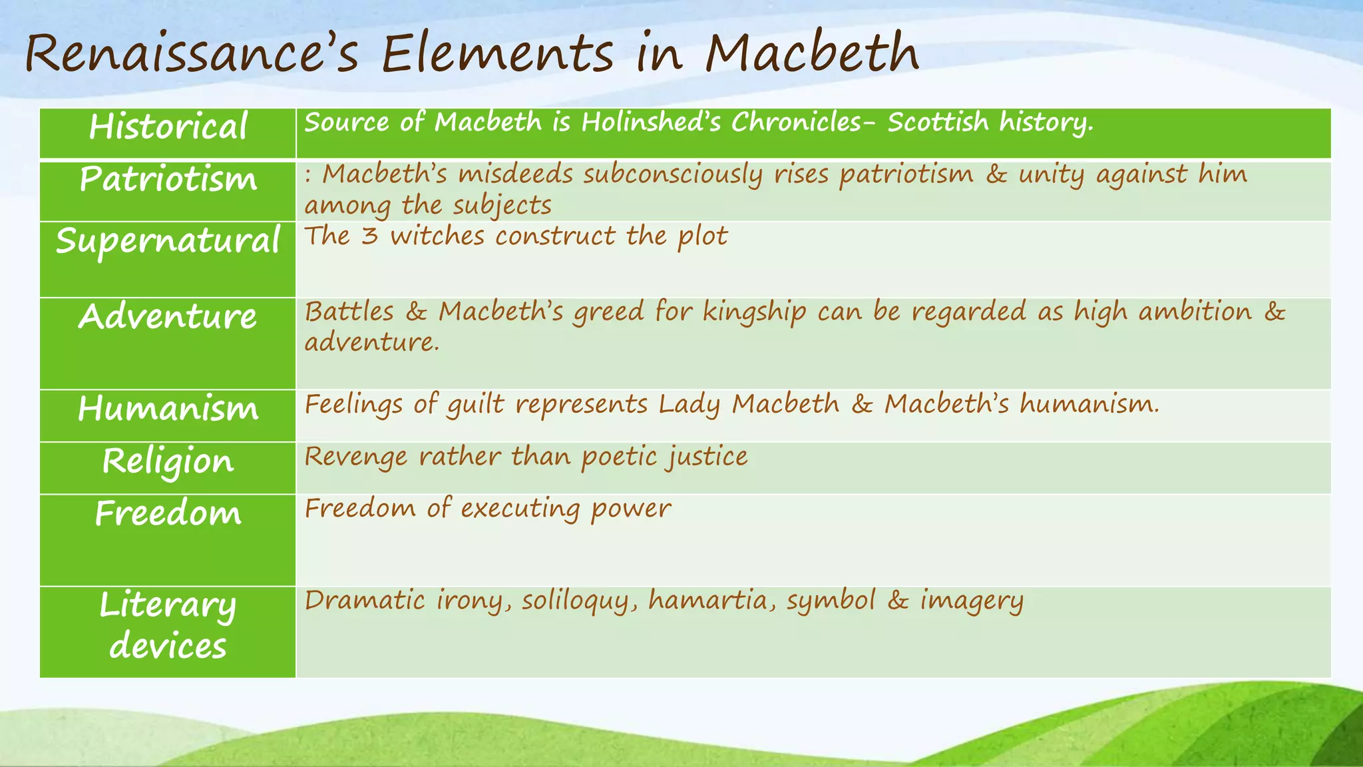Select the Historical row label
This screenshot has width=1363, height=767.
pos(168,127)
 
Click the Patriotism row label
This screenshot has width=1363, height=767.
pos(168,179)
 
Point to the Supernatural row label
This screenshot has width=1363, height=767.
pos(168,241)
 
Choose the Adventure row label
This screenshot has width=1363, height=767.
pos(168,316)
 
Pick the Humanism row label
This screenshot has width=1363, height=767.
pos(168,408)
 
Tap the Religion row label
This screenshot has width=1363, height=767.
pos(168,461)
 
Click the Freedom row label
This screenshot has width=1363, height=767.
pos(168,513)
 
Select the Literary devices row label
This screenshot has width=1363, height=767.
pos(168,626)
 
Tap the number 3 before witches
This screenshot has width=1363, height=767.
pos(369,236)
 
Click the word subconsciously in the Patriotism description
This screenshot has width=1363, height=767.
pos(673,175)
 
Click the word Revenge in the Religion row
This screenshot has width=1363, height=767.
pos(355,457)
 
